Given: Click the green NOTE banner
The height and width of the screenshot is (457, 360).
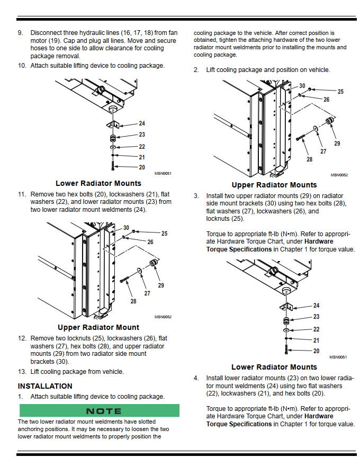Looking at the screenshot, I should (x=99, y=410).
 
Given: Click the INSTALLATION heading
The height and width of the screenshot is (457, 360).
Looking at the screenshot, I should (x=45, y=386).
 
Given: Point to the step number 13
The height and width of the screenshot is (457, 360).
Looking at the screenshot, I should (x=22, y=372).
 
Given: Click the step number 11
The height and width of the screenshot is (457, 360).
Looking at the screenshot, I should (x=22, y=194).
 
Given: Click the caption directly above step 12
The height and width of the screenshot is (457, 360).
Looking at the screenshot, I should (x=98, y=327).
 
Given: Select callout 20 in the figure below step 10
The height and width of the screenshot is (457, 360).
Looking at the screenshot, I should (x=141, y=167).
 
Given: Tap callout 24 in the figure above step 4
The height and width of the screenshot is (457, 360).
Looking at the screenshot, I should (x=316, y=306).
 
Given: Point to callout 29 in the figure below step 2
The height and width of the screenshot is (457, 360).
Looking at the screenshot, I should (x=337, y=144).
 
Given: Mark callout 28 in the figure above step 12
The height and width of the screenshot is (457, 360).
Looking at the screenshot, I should (x=133, y=301).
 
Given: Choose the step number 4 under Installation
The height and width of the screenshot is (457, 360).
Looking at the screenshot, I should (x=196, y=378).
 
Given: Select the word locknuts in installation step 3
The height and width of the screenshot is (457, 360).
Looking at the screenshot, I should (x=218, y=219).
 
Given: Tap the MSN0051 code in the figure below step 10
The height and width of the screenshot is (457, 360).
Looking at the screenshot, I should (x=163, y=173).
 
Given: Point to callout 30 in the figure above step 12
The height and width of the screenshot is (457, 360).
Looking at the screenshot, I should (x=126, y=227).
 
